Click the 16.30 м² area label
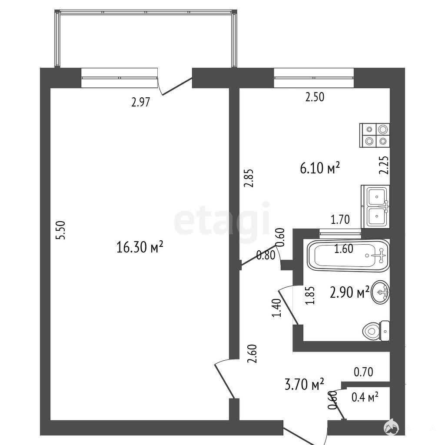pos(139,247)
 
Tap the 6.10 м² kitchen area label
pos(320,168)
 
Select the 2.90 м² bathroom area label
pos(350,292)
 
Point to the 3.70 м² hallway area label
pos(304,384)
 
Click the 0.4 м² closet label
pos(365,397)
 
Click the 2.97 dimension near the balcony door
pos(140,102)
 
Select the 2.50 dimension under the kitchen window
pos(315,97)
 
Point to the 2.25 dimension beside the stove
pos(384,165)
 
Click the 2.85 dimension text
pos(249,178)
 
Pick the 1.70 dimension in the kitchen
pos(340,219)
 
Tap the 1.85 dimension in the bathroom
pos(310,296)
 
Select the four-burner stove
pos(375,136)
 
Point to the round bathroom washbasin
pos(380,292)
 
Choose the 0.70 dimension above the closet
pos(364,372)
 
